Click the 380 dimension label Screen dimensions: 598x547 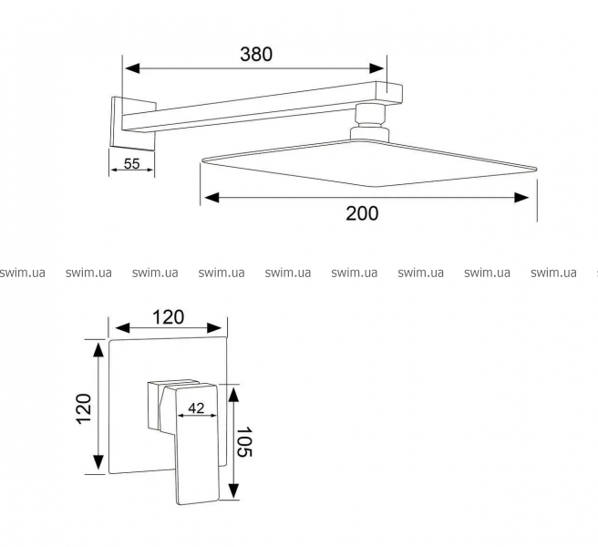pos(256,54)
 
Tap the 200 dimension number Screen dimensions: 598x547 pos(362,213)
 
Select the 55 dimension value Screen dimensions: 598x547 pos(132,163)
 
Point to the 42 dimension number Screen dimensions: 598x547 pos(196,408)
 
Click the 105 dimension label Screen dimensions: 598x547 pos(244,442)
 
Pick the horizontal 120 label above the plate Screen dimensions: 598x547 pos(168,317)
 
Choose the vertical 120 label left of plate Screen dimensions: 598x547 pos(84,408)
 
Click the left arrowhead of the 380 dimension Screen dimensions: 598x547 pos(132,68)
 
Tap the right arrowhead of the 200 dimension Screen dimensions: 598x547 pos(521,198)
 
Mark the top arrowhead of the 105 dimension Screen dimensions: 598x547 pos(233,393)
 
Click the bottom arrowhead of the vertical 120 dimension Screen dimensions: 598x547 pos(98,462)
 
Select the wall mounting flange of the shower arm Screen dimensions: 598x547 pos(133,123)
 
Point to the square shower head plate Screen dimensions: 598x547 pos(368,163)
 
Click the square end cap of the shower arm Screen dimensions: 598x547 pos(388,93)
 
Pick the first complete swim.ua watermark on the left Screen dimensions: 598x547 pos(88,273)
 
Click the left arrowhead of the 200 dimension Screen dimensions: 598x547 pos(212,198)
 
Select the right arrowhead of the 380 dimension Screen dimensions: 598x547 pos(376,68)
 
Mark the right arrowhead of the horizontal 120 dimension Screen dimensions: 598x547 pos(214,327)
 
